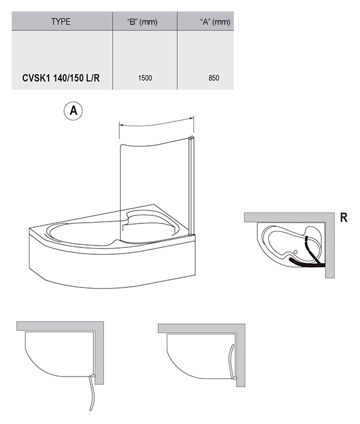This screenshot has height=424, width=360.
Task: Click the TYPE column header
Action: click(x=61, y=22)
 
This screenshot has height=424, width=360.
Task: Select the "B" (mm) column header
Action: click(x=142, y=22)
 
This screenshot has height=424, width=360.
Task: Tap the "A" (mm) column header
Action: click(x=215, y=22)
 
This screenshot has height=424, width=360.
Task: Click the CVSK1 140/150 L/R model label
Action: click(x=61, y=78)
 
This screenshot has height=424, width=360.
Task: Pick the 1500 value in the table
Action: click(x=145, y=78)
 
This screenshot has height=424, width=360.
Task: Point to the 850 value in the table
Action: click(x=214, y=78)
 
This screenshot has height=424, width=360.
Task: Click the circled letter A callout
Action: click(x=73, y=111)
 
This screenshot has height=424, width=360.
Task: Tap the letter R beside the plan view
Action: click(x=344, y=217)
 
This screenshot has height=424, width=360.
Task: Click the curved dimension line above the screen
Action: click(x=156, y=125)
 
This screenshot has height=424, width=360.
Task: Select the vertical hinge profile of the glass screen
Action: click(x=192, y=185)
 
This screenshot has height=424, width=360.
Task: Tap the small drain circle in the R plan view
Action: click(x=295, y=252)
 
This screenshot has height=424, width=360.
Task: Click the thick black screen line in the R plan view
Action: click(x=307, y=263)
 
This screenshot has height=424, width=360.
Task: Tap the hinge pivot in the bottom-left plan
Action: click(x=92, y=375)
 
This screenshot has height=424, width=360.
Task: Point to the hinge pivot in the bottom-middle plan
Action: click(x=235, y=378)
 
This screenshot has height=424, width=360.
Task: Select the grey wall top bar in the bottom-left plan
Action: click(x=60, y=326)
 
